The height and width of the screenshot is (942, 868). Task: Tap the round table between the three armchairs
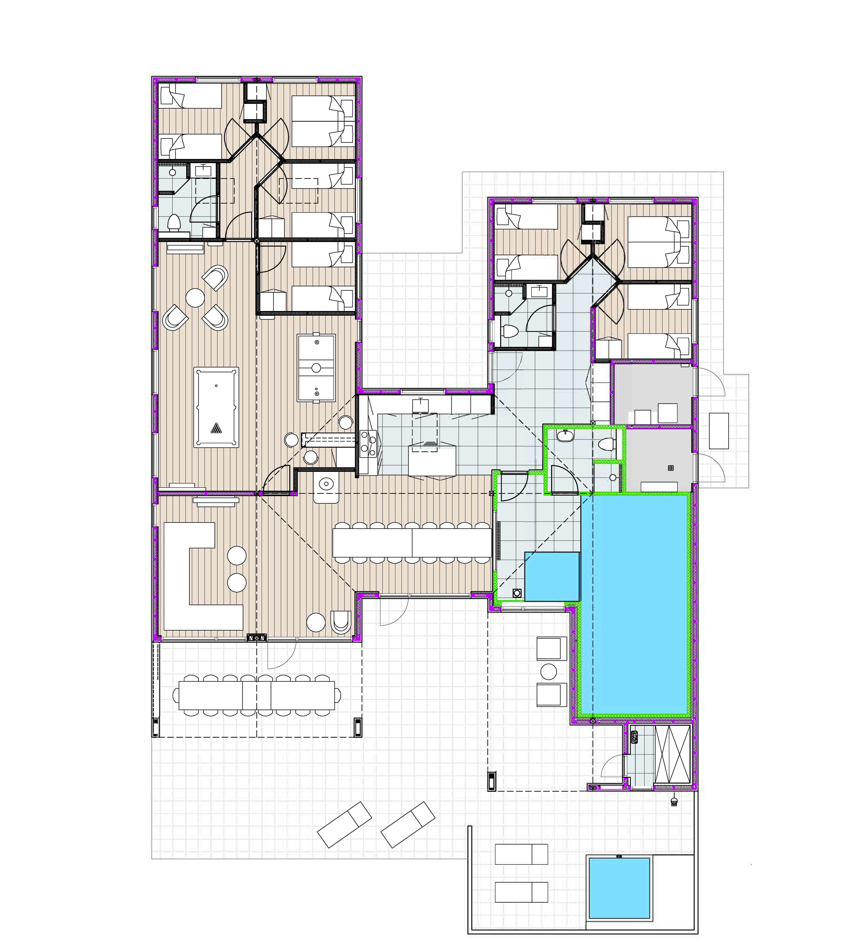pos(195,297)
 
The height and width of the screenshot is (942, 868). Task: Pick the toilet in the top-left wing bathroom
pos(175,222)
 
